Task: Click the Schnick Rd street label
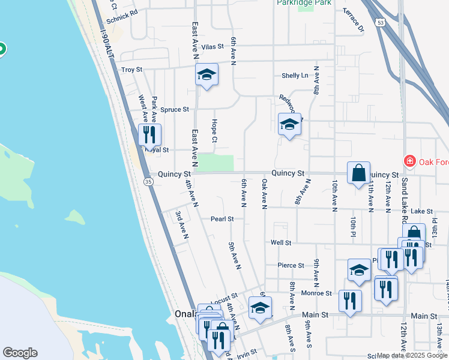point(122,11)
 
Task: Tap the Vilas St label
point(212,46)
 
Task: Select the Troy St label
point(131,70)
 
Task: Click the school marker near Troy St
point(206,75)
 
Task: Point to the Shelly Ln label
point(295,76)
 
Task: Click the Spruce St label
point(175,110)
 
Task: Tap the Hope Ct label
point(214,131)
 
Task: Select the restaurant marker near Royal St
point(149,134)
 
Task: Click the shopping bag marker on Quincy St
point(358,173)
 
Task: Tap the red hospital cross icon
point(409,161)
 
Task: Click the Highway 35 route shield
point(148,181)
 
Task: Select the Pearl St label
point(222,219)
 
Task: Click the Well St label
point(280,243)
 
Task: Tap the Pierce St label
point(291,265)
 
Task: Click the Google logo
point(20,353)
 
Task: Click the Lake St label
point(422,211)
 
